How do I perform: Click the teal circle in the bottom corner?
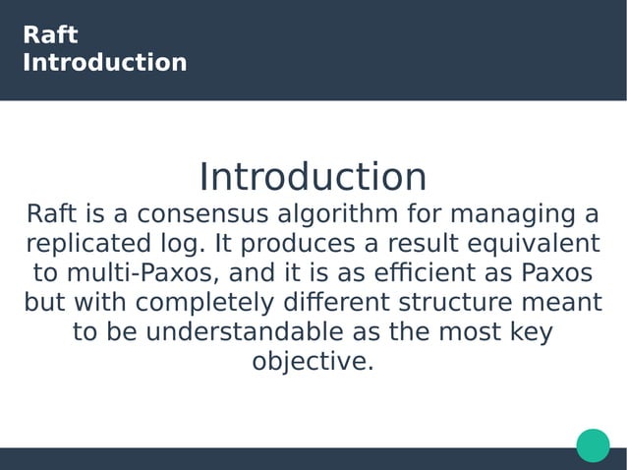click(593, 444)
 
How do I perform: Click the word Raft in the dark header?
click(50, 36)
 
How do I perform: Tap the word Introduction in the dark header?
click(104, 63)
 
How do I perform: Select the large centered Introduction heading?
click(313, 177)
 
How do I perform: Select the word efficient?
click(448, 272)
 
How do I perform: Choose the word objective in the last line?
click(313, 361)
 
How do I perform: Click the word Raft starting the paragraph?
click(47, 214)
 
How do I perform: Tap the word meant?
click(570, 302)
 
